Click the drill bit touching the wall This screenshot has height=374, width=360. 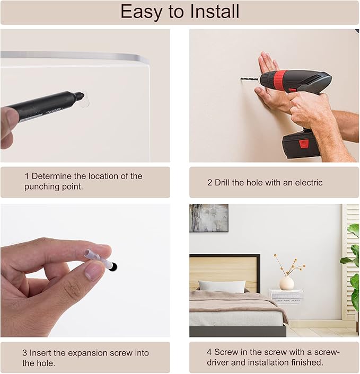click(x=250, y=79)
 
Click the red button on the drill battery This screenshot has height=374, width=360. click(x=304, y=144)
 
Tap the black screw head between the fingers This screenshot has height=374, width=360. click(x=113, y=266)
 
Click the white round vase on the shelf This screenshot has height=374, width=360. click(x=286, y=283)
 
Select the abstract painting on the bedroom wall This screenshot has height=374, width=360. click(x=209, y=218)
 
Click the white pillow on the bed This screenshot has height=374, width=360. click(x=222, y=286)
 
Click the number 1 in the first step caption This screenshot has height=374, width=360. click(x=27, y=176)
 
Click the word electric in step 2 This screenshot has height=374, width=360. click(x=309, y=183)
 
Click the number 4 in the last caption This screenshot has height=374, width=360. click(x=209, y=352)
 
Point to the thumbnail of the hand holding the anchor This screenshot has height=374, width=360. click(x=85, y=271)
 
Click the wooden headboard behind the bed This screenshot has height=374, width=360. click(x=225, y=271)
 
